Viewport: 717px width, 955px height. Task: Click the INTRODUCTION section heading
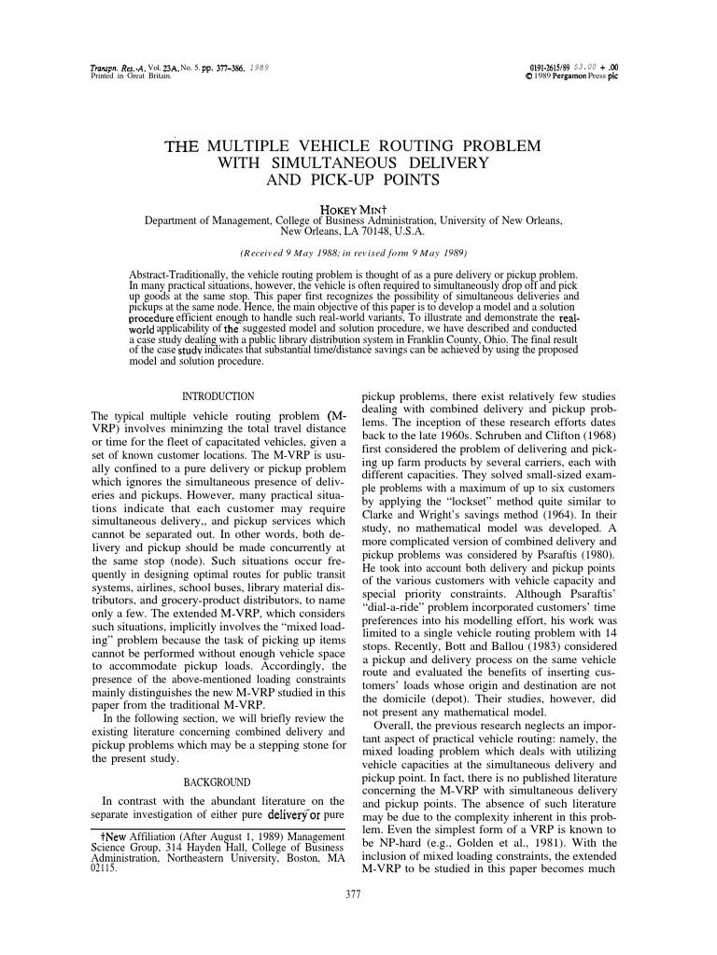(217, 397)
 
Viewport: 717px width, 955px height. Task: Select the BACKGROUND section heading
(218, 780)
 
